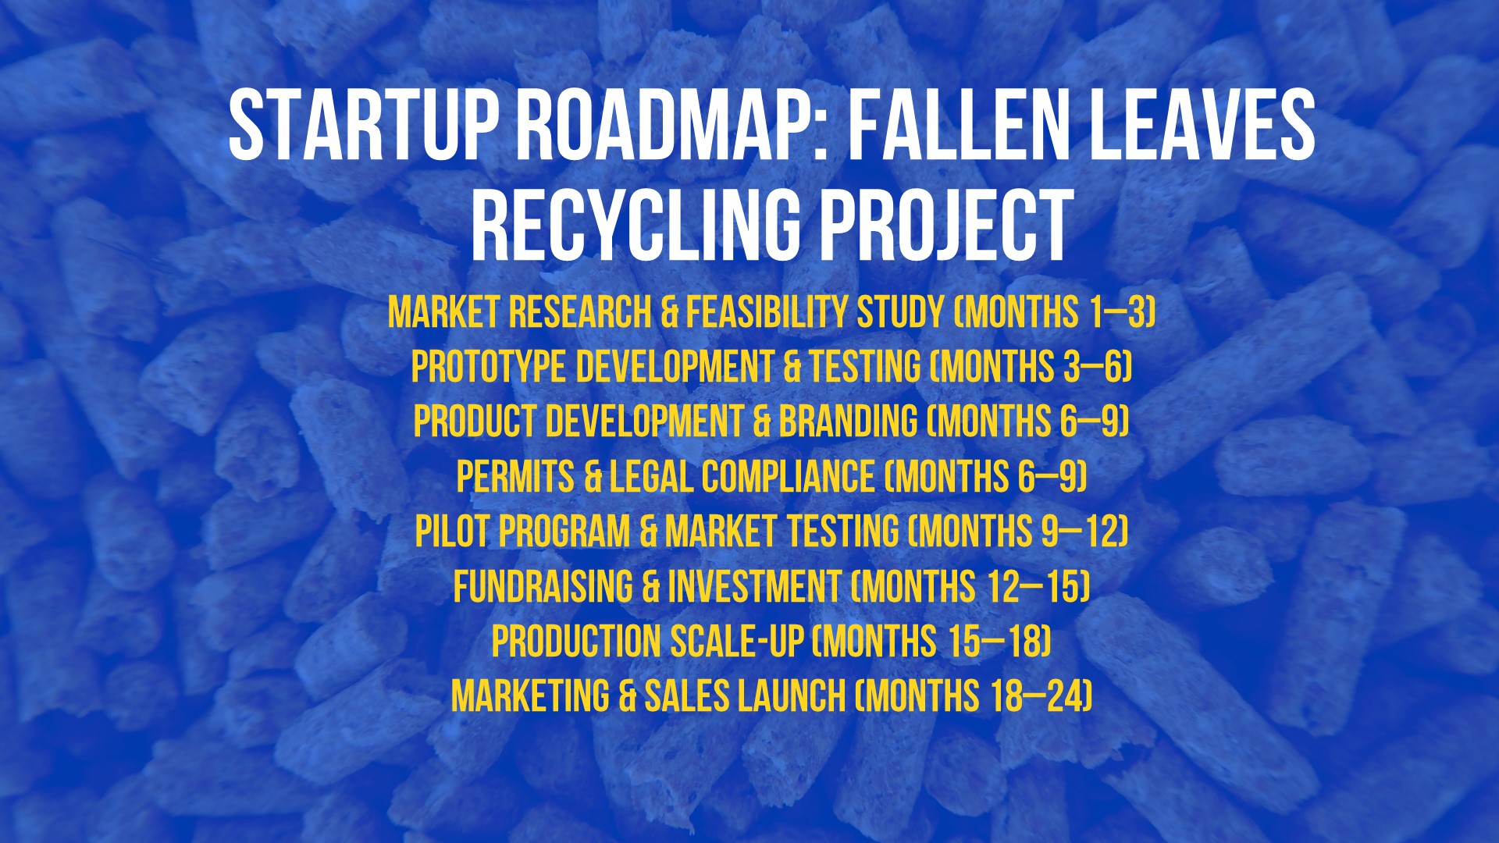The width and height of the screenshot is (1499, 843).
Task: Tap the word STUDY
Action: [900, 312]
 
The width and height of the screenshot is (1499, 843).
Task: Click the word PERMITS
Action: [515, 476]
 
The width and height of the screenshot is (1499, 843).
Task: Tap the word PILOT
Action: [452, 532]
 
